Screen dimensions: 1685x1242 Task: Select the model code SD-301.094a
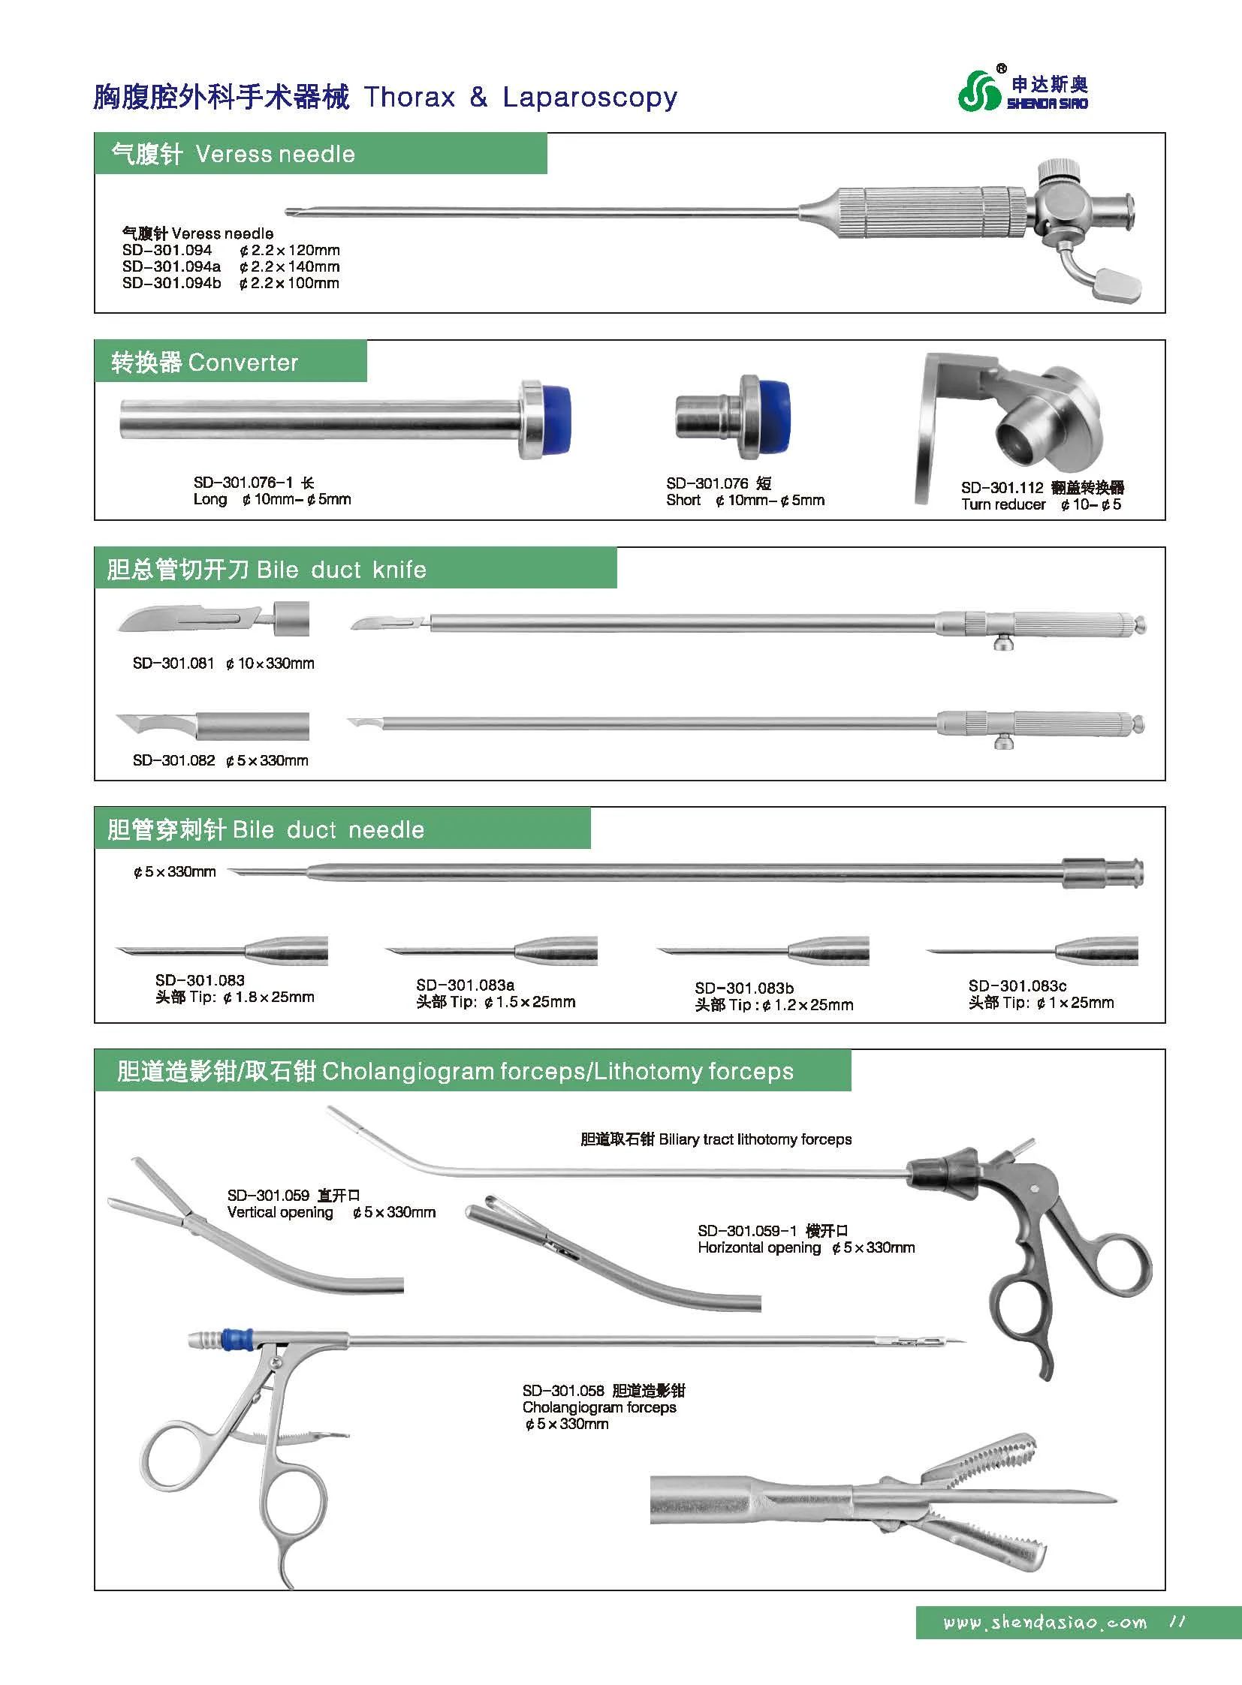(x=171, y=266)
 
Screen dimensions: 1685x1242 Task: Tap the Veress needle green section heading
(x=233, y=154)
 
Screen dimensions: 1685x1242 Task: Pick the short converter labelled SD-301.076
(x=732, y=419)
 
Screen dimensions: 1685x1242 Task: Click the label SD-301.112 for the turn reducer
(x=1002, y=488)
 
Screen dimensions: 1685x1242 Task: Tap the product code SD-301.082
(x=173, y=760)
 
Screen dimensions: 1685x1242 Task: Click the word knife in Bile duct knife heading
(x=399, y=570)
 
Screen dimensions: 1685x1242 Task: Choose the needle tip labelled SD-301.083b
(x=763, y=952)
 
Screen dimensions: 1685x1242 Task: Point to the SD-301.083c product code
(x=1017, y=985)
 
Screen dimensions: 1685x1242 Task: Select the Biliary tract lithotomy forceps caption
(x=716, y=1139)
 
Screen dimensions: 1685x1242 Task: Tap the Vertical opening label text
(x=279, y=1212)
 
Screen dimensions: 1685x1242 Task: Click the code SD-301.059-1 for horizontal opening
(x=746, y=1231)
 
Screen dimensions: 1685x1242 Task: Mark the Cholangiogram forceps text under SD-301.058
(x=599, y=1407)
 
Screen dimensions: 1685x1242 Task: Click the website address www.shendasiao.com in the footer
(x=1045, y=1623)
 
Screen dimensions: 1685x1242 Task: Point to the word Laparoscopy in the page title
(x=589, y=98)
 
